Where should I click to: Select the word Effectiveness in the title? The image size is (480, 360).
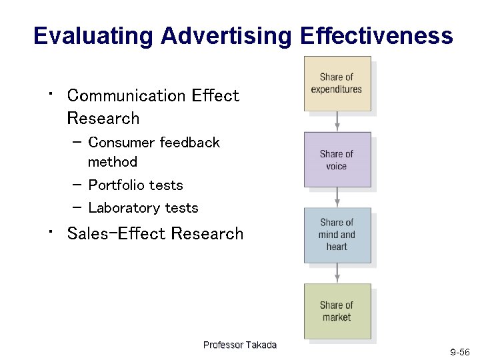coord(376,36)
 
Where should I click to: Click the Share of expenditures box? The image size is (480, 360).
coord(337,83)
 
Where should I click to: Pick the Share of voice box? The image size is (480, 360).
coord(337,160)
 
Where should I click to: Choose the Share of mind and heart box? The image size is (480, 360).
coord(337,235)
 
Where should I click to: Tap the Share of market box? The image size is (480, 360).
coord(337,311)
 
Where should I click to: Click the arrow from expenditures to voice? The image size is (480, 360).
coord(337,121)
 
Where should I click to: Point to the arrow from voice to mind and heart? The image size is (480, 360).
coord(337,197)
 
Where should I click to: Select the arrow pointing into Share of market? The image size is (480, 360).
coord(337,273)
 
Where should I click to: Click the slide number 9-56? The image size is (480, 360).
coord(459,351)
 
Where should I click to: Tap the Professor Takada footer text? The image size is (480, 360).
coord(239,345)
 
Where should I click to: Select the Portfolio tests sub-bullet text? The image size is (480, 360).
coord(135,185)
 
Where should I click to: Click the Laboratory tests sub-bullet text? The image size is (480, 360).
coord(143,208)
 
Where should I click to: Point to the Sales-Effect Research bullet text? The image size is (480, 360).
coord(155,234)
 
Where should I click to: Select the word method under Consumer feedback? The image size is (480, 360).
coord(113,162)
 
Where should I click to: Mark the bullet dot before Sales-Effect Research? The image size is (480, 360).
coord(50,231)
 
